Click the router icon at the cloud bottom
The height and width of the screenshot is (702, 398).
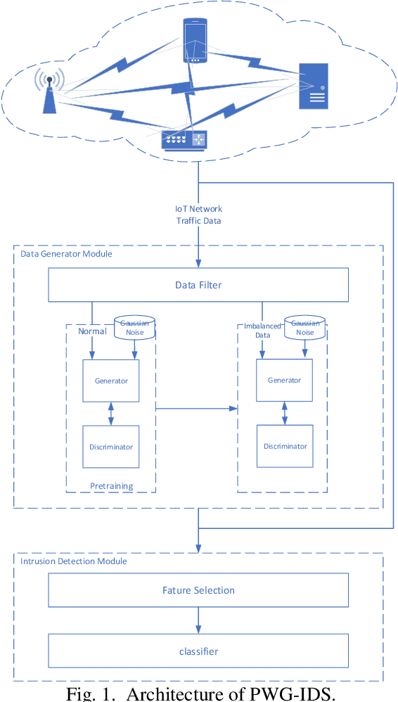click(x=184, y=140)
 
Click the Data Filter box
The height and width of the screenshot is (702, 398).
click(x=198, y=285)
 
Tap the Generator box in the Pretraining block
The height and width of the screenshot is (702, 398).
click(x=111, y=381)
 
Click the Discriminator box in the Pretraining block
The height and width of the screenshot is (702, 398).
click(x=111, y=447)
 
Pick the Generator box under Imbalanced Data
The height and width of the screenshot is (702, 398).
click(x=284, y=381)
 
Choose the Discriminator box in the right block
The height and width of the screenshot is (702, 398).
click(x=285, y=446)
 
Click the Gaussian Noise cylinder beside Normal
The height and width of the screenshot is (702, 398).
click(x=134, y=328)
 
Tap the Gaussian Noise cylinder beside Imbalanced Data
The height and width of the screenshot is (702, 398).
click(x=305, y=328)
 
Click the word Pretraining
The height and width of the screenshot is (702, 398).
click(x=111, y=486)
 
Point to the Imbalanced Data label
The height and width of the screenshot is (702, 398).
click(x=262, y=331)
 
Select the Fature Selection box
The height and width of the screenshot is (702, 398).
click(x=198, y=590)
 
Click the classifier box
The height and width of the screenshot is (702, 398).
click(x=198, y=651)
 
